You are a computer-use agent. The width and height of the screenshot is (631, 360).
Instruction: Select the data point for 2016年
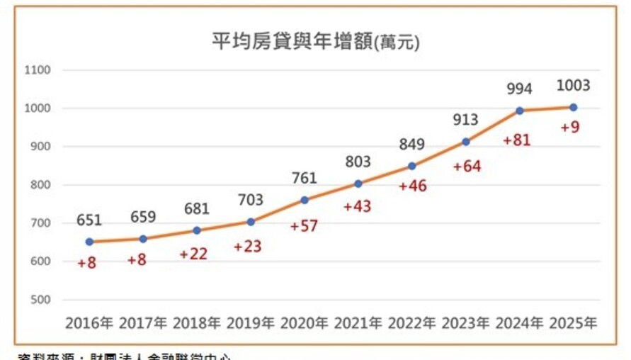tap(90, 242)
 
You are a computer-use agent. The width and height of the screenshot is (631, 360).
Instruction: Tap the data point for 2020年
tap(305, 200)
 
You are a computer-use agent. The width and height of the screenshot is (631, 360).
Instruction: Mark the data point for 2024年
tap(520, 111)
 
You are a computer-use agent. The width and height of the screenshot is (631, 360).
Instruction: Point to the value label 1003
tap(573, 86)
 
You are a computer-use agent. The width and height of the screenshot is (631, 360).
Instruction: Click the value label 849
tap(411, 145)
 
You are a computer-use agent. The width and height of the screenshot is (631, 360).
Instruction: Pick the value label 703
tap(251, 200)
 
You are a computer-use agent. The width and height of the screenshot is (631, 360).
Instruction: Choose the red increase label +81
tap(518, 140)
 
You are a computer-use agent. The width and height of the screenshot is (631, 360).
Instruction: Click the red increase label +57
tap(305, 227)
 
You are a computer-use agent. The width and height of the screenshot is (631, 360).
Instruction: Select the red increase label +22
tap(193, 254)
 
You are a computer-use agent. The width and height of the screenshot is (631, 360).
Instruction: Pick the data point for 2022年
tap(412, 167)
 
